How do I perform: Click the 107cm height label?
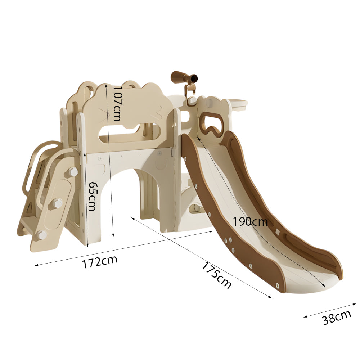117,104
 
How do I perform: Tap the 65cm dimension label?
92,196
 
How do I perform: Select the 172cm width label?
100,261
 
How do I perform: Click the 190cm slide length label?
250,222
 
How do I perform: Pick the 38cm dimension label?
337,317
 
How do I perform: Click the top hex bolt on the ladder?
72,172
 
